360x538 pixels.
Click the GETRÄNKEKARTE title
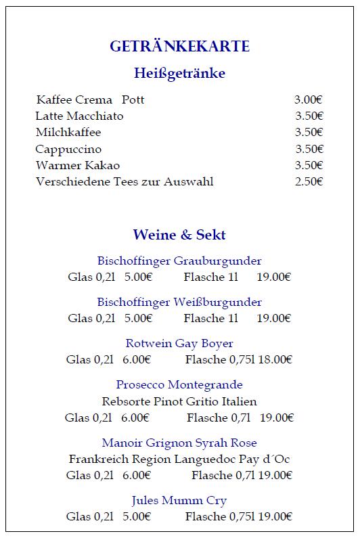pos(179,47)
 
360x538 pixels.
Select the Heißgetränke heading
pos(179,73)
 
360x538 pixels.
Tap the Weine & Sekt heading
pos(179,235)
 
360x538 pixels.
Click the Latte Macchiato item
pos(80,116)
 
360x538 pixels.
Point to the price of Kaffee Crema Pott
pos(308,100)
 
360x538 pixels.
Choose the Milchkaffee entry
pos(68,133)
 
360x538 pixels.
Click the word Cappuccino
pos(69,149)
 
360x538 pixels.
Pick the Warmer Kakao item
pos(78,165)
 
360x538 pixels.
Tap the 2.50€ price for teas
pos(309,181)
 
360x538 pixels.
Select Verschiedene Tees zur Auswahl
pos(125,181)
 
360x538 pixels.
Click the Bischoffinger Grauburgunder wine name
pos(179,261)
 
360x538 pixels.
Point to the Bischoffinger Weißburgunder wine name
pos(179,302)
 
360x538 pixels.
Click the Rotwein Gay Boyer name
pos(179,343)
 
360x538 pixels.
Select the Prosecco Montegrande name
pos(179,384)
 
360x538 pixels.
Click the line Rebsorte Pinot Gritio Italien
pos(179,401)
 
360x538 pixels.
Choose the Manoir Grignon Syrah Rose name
pos(179,443)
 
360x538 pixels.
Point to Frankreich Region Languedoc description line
pos(179,459)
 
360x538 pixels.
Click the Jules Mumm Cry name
pos(179,500)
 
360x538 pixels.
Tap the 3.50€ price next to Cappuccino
pos(309,149)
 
